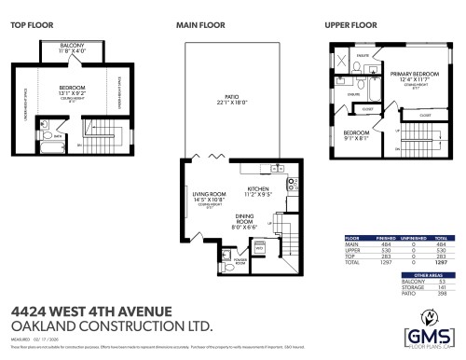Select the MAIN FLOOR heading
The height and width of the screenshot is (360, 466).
coord(198,25)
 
